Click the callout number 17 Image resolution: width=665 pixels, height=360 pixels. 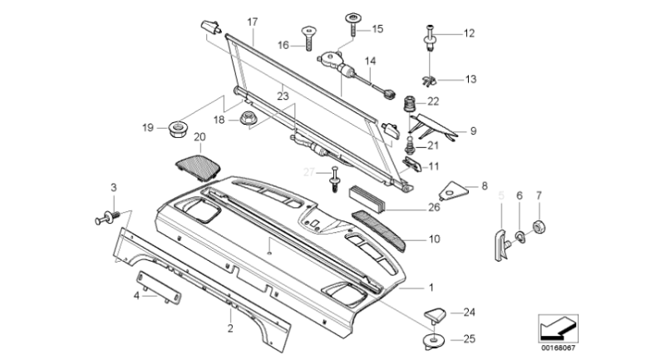point(253,20)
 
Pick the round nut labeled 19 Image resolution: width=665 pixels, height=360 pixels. point(176,128)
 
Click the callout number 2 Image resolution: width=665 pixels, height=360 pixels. point(229,328)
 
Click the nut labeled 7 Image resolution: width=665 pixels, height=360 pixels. point(538,225)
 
